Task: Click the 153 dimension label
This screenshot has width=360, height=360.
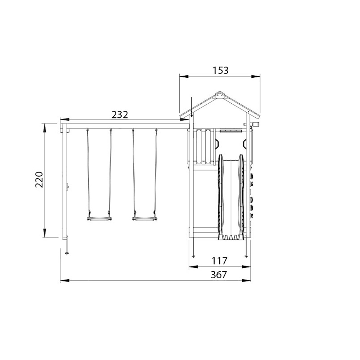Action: [220, 70]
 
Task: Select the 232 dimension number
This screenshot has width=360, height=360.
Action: [120, 114]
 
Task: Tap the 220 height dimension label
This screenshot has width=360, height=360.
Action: [39, 180]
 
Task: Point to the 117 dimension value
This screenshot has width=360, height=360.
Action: [219, 261]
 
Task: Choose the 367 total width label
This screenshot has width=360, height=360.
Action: [219, 275]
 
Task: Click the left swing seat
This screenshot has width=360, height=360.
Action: [99, 219]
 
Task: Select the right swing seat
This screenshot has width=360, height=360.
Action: [145, 219]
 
